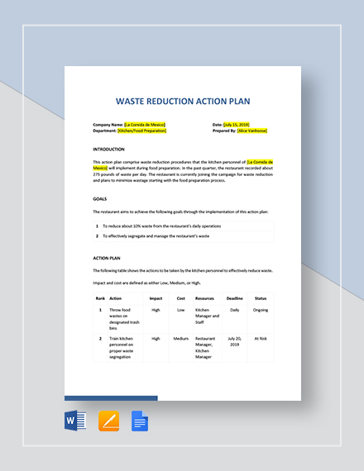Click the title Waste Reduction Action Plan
tap(182, 102)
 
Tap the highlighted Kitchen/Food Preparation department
tap(142, 131)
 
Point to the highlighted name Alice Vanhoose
tap(251, 131)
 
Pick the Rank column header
tap(100, 298)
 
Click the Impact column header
tap(156, 298)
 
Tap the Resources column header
tap(205, 298)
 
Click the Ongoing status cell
tap(261, 311)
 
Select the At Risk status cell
tap(261, 338)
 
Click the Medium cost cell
tap(181, 338)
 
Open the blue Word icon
tap(75, 421)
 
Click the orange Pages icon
tap(108, 421)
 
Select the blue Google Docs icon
tap(140, 421)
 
